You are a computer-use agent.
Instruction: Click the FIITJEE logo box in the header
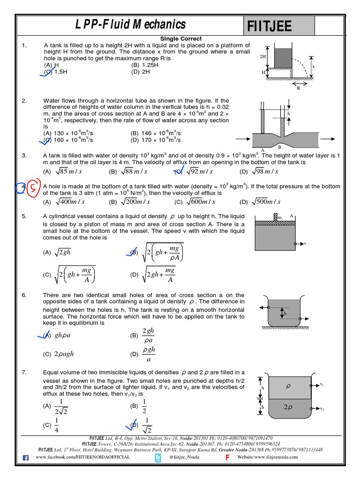pyautogui.click(x=278, y=25)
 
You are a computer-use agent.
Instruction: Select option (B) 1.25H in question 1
pyautogui.click(x=145, y=65)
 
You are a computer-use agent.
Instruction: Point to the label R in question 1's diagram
pyautogui.click(x=298, y=88)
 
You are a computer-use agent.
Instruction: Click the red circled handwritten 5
pyautogui.click(x=32, y=187)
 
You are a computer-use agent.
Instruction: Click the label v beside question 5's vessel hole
pyautogui.click(x=305, y=244)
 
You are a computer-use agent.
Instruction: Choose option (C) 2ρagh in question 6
pyautogui.click(x=59, y=354)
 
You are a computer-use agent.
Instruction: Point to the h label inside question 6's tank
pyautogui.click(x=285, y=313)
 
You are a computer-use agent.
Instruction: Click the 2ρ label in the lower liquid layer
pyautogui.click(x=288, y=407)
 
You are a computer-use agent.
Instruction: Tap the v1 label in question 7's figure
pyautogui.click(x=322, y=384)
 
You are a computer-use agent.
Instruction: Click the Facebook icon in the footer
pyautogui.click(x=26, y=457)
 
